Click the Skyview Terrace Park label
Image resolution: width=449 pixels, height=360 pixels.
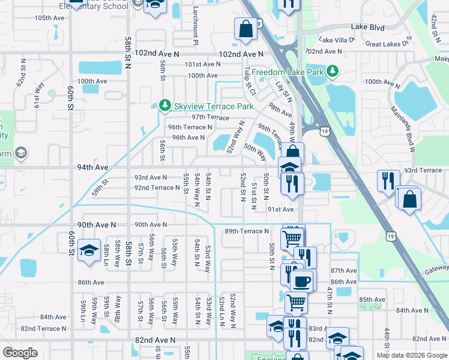[x=206, y=106]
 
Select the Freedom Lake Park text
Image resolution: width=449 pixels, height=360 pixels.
[x=288, y=72]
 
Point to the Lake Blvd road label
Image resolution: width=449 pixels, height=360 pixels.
[x=367, y=27]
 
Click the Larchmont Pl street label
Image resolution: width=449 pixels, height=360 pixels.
[x=196, y=26]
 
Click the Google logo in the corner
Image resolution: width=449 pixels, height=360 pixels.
[x=20, y=353]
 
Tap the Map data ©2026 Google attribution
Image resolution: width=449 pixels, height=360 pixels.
[x=411, y=355]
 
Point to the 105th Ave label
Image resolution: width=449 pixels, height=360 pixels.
[x=49, y=18]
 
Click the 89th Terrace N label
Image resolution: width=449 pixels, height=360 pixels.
[x=247, y=231]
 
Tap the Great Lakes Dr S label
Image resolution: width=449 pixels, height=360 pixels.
[x=390, y=44]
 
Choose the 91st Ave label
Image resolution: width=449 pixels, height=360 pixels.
[x=280, y=209]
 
